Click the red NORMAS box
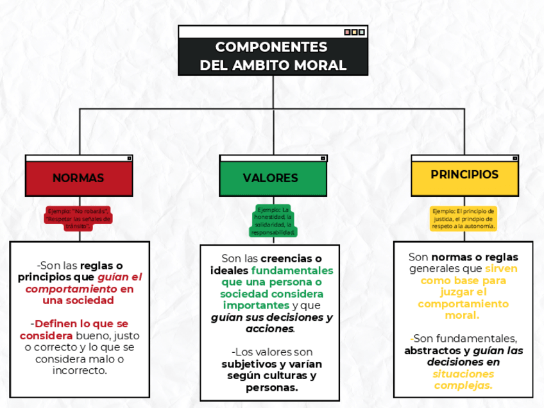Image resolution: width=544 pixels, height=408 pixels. click(79, 178)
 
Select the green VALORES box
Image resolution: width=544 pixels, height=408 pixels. click(271, 178)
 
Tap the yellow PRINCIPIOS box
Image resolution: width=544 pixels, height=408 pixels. click(464, 174)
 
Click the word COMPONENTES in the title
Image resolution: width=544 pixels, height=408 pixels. click(271, 47)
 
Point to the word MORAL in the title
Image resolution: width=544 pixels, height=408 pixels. click(320, 65)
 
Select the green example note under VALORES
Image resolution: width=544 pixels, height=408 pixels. click(274, 221)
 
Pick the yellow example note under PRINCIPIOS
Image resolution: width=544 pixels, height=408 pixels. click(464, 218)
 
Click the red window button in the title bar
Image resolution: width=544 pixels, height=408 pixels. click(347, 32)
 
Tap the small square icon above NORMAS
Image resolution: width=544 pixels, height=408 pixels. click(129, 158)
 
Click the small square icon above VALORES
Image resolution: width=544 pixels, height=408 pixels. click(323, 158)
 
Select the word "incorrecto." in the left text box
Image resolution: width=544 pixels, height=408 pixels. click(80, 371)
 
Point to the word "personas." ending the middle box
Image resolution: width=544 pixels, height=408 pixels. click(271, 388)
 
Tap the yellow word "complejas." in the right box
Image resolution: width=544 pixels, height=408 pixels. click(463, 386)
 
